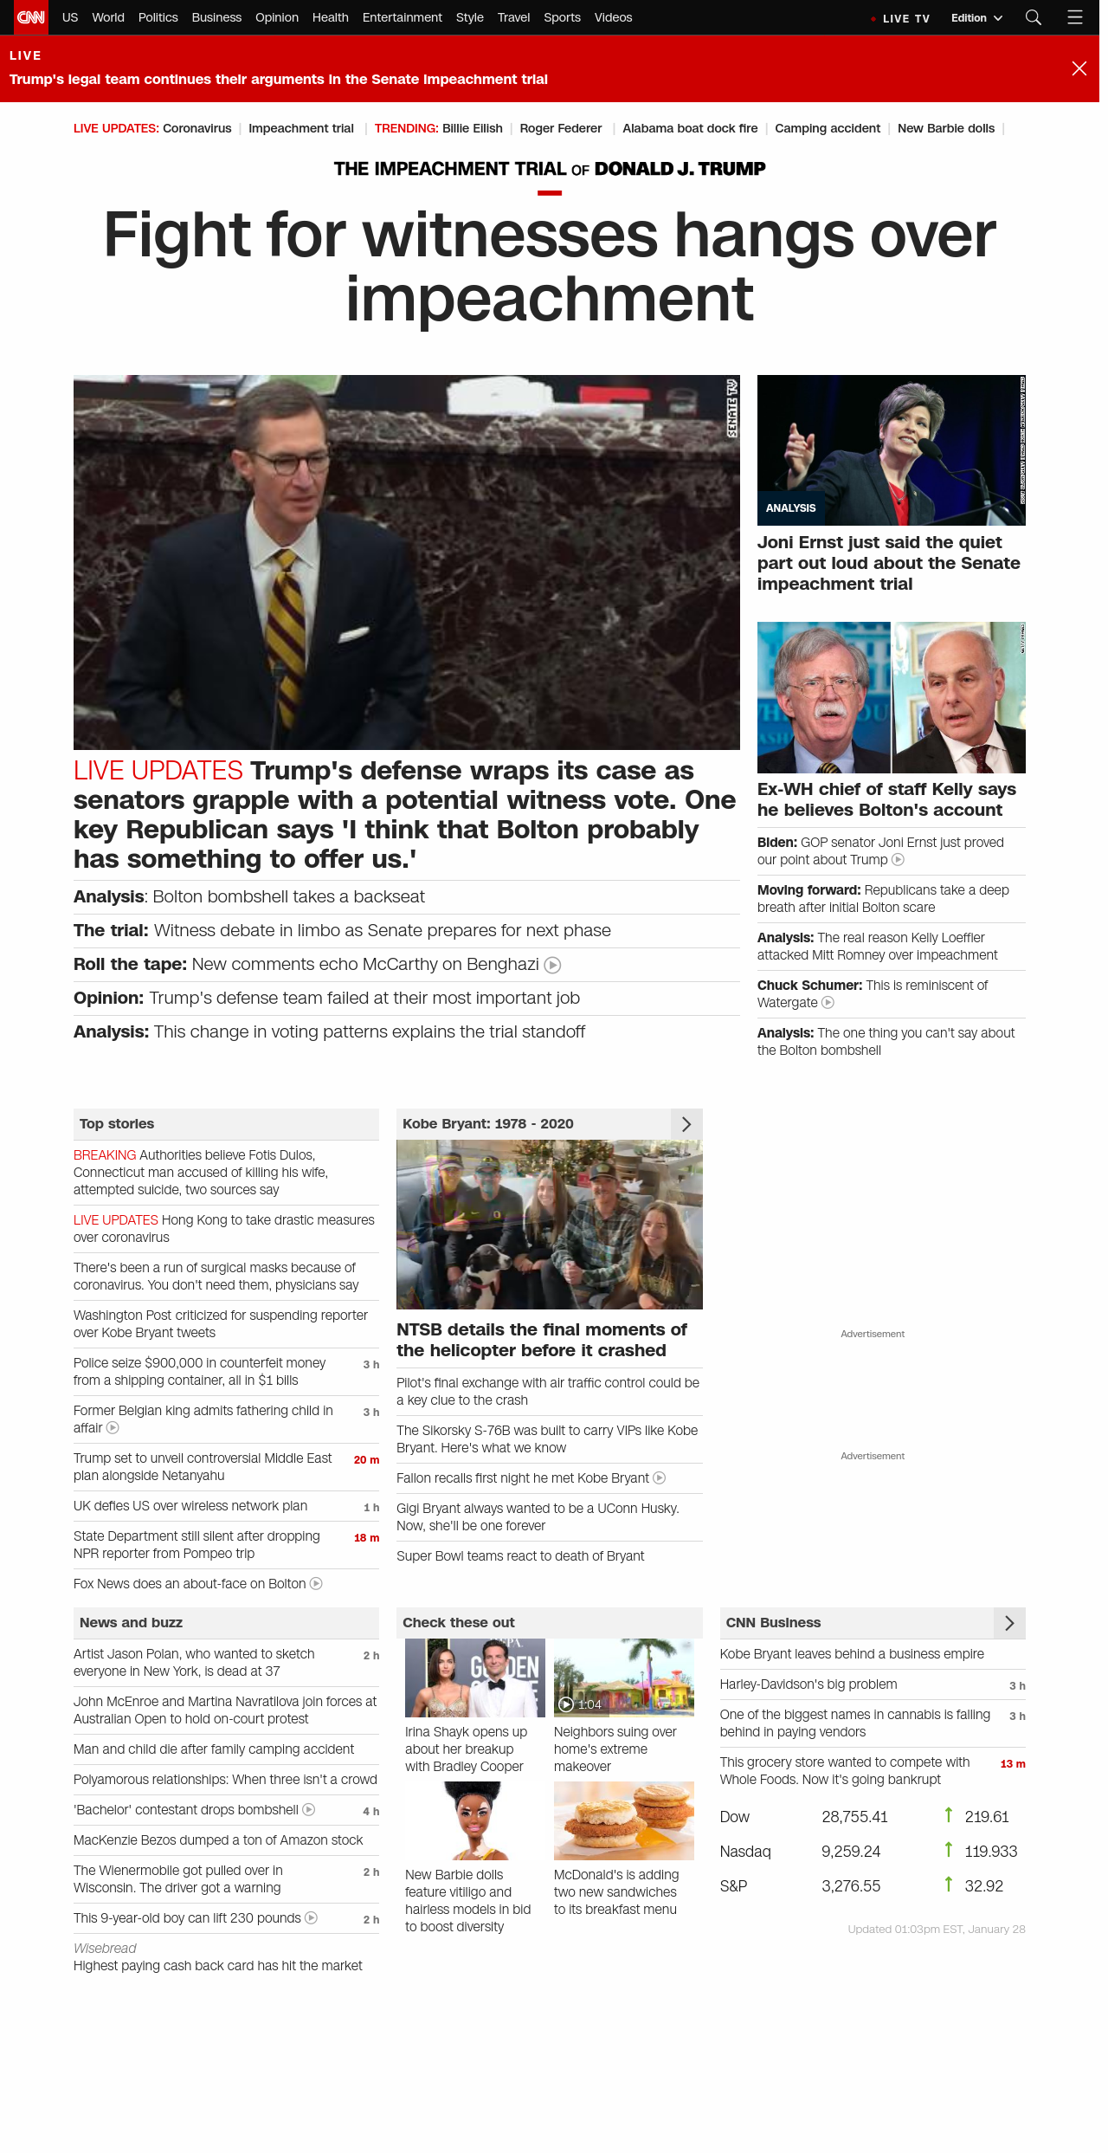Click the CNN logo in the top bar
coord(31,17)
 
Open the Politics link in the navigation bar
coord(158,17)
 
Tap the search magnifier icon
coord(1033,17)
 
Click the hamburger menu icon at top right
coord(1075,17)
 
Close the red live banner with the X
coord(1079,68)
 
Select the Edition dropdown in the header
coord(976,18)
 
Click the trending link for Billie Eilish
coord(472,128)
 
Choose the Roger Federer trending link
coord(560,128)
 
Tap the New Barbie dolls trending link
coord(945,128)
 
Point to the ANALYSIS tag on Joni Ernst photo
coord(790,508)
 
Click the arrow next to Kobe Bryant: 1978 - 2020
coord(686,1124)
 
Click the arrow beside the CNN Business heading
coord(1009,1623)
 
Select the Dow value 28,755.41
coord(854,1817)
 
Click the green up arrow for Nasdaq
coord(949,1850)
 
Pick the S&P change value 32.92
coord(983,1886)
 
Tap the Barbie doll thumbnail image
coord(474,1821)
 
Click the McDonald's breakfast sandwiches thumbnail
coord(623,1821)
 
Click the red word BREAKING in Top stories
coord(105,1155)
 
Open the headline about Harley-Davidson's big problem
coord(808,1684)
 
